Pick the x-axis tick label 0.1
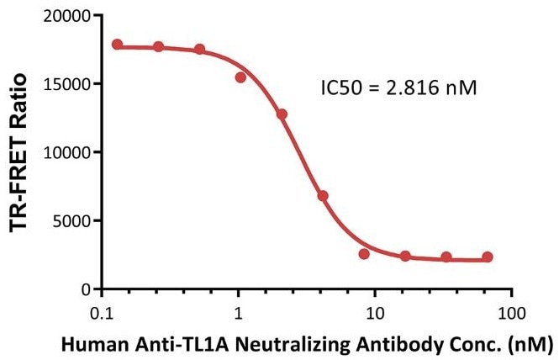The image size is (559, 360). click(102, 314)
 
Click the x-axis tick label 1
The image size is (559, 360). click(239, 314)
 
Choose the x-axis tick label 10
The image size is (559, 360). click(375, 314)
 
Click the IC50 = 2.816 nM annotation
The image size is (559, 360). click(400, 87)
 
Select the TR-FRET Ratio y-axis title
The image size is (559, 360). click(20, 151)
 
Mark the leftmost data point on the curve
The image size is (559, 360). click(117, 44)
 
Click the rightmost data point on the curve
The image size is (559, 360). click(488, 257)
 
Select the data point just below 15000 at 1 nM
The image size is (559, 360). click(240, 77)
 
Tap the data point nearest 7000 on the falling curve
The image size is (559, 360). click(323, 195)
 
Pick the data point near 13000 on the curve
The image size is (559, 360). click(282, 114)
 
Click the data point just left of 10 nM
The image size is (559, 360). click(364, 253)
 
